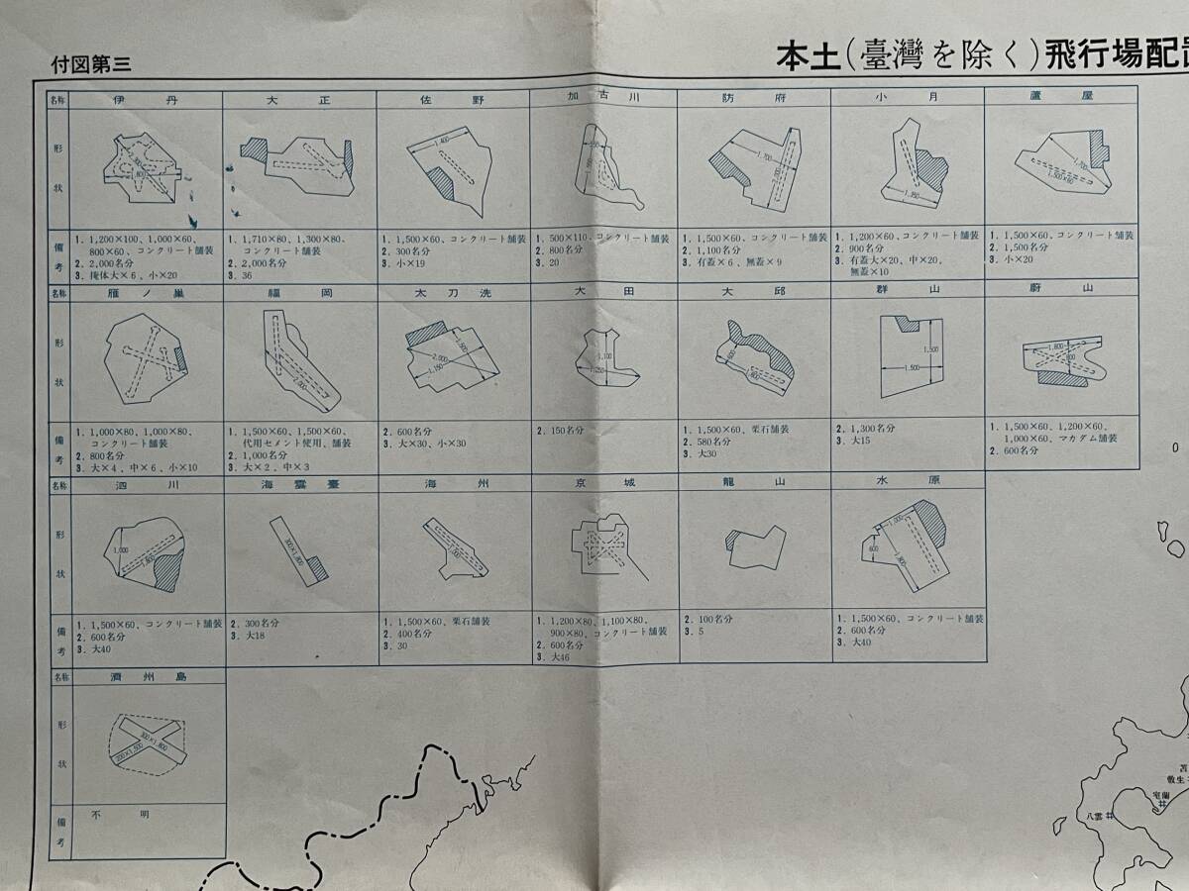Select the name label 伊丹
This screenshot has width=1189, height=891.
146,100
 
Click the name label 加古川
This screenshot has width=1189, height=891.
602,97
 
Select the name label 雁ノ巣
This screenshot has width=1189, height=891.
147,293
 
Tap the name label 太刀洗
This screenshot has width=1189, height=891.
454,293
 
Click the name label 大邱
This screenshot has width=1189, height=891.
755,292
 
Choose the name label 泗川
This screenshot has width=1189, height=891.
147,485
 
